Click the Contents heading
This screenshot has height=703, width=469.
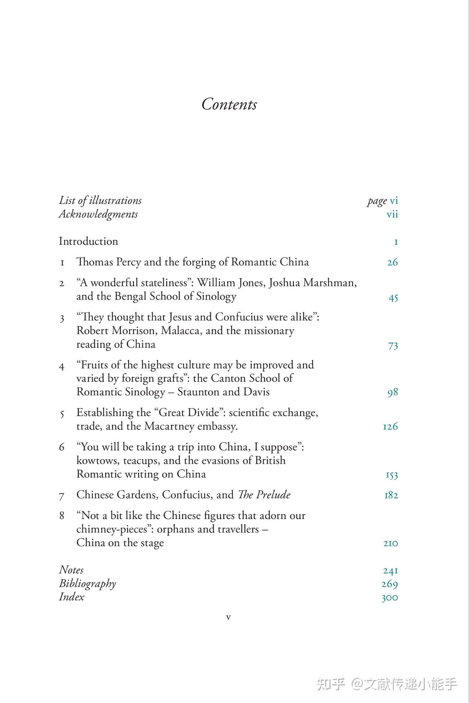(x=229, y=104)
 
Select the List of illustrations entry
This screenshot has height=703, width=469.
(x=100, y=201)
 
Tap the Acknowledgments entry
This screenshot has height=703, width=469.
(x=98, y=214)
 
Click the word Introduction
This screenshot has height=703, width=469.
(x=88, y=241)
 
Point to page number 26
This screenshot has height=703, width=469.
(x=392, y=263)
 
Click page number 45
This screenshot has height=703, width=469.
(x=393, y=297)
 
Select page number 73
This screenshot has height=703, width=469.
(x=393, y=345)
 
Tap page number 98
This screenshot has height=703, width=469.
(x=392, y=393)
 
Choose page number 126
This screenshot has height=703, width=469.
(x=390, y=427)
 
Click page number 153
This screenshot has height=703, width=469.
(x=392, y=475)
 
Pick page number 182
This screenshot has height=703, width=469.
(x=391, y=495)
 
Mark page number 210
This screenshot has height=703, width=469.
(x=391, y=543)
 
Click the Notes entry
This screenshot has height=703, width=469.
(x=71, y=570)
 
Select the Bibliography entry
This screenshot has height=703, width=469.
(x=87, y=584)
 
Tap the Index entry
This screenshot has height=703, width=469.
(x=71, y=597)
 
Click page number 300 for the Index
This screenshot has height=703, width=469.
(x=390, y=598)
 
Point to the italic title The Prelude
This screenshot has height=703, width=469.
(x=264, y=495)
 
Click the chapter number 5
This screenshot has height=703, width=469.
(x=62, y=414)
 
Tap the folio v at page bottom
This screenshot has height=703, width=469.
(x=228, y=618)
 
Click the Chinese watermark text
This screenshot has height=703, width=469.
(x=387, y=684)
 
